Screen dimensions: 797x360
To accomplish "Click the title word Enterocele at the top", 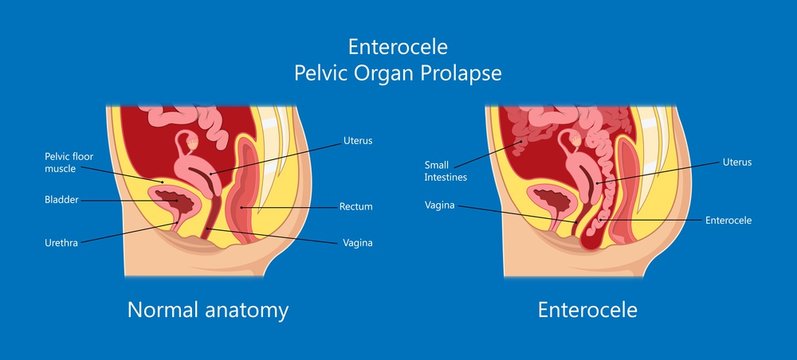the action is pos(398,46).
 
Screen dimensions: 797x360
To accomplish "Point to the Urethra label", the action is pos(61,241).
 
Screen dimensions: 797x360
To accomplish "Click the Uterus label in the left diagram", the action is pos(357,141).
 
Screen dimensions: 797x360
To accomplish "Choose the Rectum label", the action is pos(356,207).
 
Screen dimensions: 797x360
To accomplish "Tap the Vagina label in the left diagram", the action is pos(357,242).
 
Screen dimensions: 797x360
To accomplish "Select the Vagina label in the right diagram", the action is pos(440,206).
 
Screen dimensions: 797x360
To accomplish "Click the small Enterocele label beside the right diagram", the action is pos(728,220).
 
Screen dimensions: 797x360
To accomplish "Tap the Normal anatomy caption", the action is pos(208,310).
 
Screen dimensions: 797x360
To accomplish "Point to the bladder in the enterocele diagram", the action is pos(549,198).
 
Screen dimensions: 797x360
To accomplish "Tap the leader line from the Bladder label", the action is pos(130,200).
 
